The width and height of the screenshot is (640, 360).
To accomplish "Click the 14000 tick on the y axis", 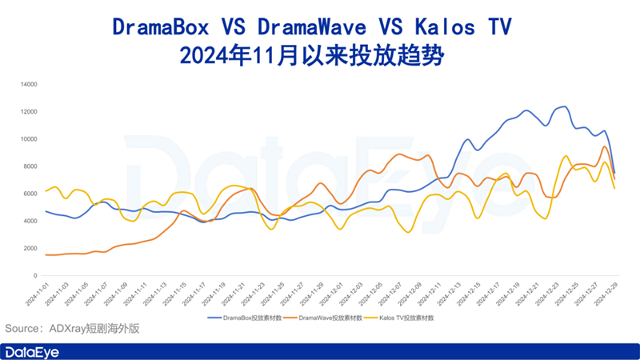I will (30, 84).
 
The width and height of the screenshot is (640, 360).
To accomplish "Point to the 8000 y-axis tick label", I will (31, 166).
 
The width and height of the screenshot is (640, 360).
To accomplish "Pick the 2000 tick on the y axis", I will (31, 248).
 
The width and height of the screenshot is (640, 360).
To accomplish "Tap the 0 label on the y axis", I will (36, 275).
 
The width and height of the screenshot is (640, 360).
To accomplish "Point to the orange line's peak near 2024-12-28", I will (605, 146).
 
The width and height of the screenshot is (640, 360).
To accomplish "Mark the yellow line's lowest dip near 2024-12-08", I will (408, 232).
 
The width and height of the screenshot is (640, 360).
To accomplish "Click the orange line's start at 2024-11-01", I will (46, 254).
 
